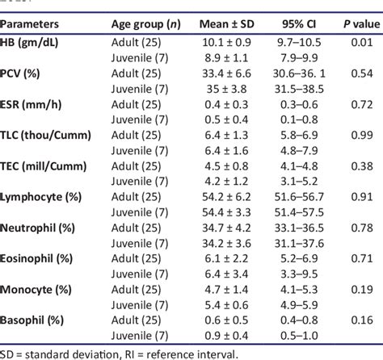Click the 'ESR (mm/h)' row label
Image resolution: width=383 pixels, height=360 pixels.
click(x=38, y=103)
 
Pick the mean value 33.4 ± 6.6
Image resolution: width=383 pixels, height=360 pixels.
click(x=222, y=72)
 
